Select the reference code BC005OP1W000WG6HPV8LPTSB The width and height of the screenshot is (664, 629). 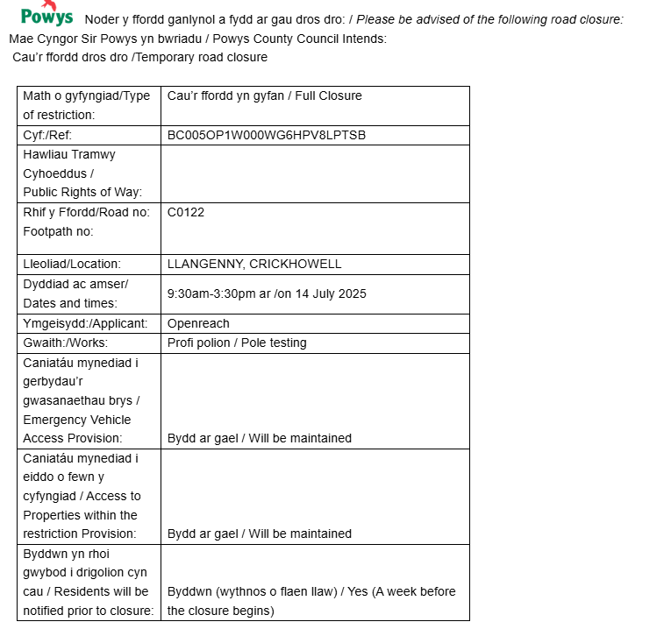pyautogui.click(x=266, y=135)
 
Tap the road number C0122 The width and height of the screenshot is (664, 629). pyautogui.click(x=185, y=212)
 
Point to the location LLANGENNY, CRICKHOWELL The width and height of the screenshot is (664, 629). pyautogui.click(x=254, y=264)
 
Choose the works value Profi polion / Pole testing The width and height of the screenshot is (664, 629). pyautogui.click(x=237, y=343)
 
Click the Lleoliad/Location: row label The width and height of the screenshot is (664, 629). pyautogui.click(x=72, y=264)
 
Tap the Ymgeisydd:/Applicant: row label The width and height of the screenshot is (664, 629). pyautogui.click(x=85, y=323)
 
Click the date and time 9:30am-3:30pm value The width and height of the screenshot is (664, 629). pyautogui.click(x=267, y=293)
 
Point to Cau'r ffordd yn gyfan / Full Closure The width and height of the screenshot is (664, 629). pyautogui.click(x=264, y=95)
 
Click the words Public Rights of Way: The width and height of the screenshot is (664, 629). pyautogui.click(x=82, y=193)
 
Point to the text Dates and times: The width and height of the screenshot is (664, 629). pyautogui.click(x=69, y=303)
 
